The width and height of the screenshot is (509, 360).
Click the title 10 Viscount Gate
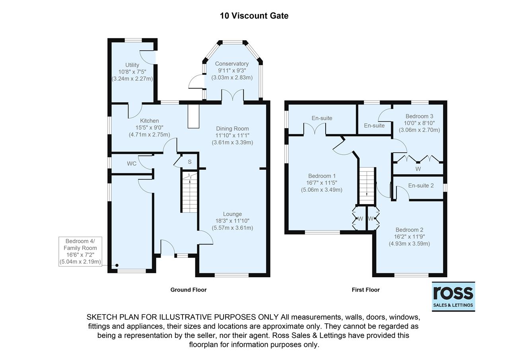click(254, 16)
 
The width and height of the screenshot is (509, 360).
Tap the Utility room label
click(132, 65)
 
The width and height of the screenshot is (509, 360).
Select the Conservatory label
click(232, 64)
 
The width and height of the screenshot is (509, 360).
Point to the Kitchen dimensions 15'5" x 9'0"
click(149, 128)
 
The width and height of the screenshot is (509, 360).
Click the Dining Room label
click(232, 128)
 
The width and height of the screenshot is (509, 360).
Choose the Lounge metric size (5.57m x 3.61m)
click(232, 228)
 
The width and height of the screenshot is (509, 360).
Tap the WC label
click(132, 163)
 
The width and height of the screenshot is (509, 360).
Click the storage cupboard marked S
click(189, 162)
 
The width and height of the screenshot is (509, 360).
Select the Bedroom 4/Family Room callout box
click(80, 251)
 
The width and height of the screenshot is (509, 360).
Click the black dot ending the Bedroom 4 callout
click(117, 265)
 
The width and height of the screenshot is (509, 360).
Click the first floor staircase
click(367, 186)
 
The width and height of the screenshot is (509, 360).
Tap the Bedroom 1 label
click(322, 176)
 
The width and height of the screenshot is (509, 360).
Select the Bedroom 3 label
click(419, 117)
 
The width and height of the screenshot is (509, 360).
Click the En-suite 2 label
click(421, 186)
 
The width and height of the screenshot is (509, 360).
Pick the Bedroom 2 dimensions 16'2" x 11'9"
click(409, 237)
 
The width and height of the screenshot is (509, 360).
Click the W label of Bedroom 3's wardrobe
click(418, 169)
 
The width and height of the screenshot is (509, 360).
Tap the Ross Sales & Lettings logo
click(453, 297)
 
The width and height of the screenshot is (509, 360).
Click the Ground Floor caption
click(188, 290)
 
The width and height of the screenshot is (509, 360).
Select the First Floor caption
click(365, 290)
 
